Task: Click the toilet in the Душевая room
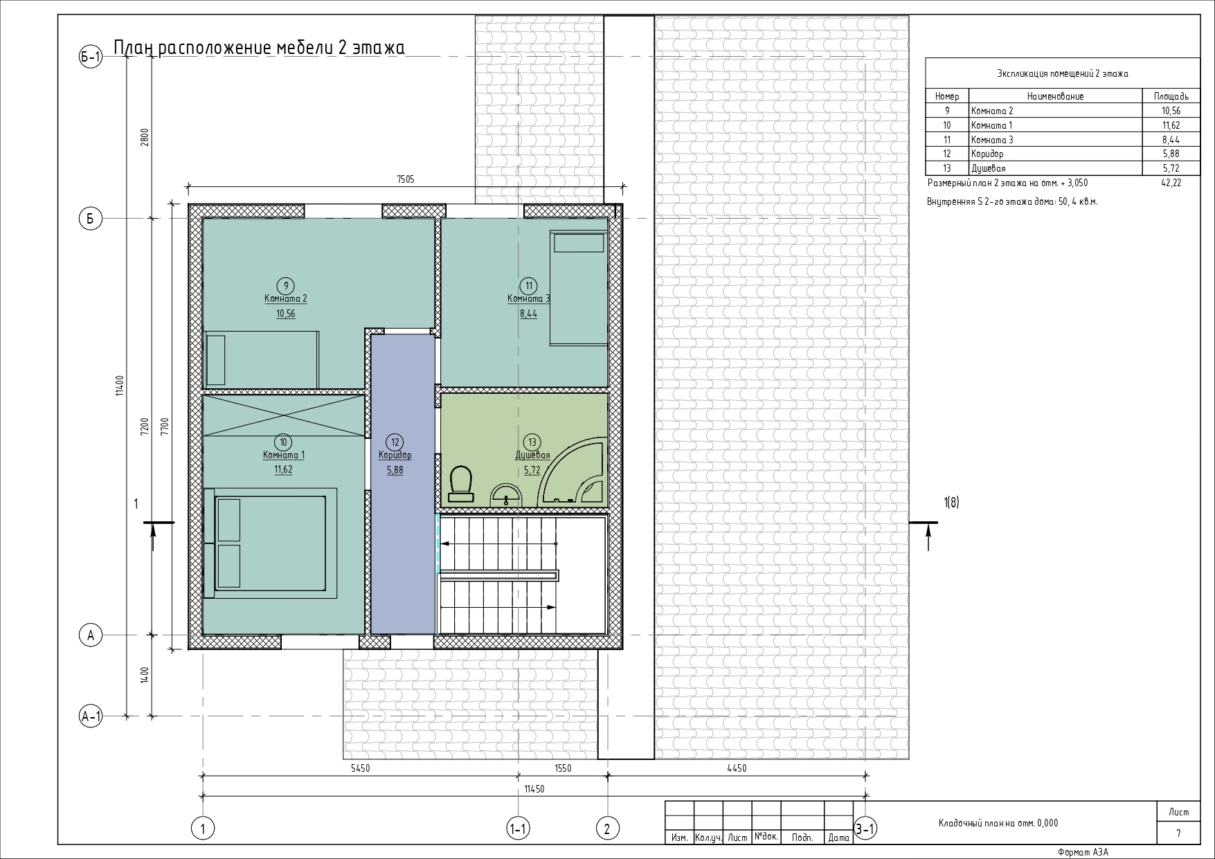(x=460, y=483)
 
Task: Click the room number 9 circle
(x=285, y=286)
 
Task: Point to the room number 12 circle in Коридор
(x=395, y=442)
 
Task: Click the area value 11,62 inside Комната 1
(x=283, y=469)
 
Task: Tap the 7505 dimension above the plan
(x=405, y=179)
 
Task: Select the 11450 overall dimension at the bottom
(x=534, y=789)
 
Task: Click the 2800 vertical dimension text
(x=145, y=138)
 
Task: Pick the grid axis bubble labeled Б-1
(x=91, y=57)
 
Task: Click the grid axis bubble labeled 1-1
(x=518, y=829)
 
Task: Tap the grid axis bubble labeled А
(x=91, y=635)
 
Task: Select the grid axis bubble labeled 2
(x=607, y=829)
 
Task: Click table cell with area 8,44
(x=1171, y=140)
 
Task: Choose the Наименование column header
(x=1055, y=97)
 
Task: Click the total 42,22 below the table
(x=1171, y=183)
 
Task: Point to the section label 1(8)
(x=951, y=503)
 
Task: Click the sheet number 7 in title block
(x=1178, y=834)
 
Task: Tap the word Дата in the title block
(x=838, y=838)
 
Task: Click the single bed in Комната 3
(x=578, y=288)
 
